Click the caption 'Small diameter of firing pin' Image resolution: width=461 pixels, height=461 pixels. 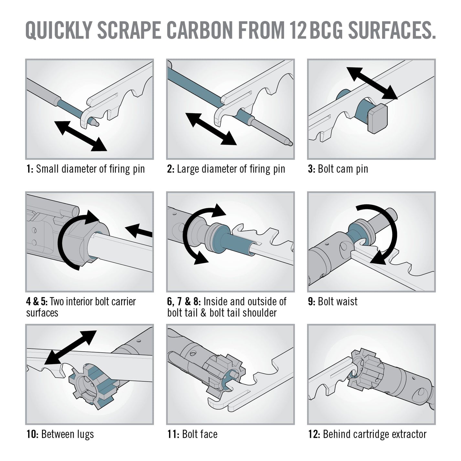point(90,169)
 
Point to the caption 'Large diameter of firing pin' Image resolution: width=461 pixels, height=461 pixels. point(231,169)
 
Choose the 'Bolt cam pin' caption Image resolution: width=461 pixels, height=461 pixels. point(343,169)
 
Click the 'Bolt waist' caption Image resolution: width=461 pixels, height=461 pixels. point(338,301)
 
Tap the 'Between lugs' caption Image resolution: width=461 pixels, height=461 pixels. point(67,434)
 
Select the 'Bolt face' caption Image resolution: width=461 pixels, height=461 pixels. point(200,434)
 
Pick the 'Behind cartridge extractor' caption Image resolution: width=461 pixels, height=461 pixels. point(375,434)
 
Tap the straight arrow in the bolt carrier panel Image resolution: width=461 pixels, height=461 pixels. point(139,231)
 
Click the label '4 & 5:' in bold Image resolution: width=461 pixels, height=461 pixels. point(37,301)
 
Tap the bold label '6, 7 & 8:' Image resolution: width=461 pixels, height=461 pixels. point(184,301)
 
